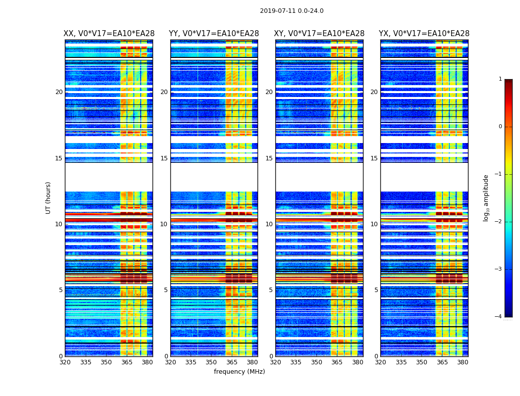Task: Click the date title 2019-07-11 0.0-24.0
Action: tap(292, 11)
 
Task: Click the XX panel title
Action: tap(109, 34)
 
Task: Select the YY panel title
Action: tap(214, 34)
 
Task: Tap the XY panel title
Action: tap(319, 34)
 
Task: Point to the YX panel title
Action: tap(424, 34)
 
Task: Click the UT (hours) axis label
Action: tap(49, 198)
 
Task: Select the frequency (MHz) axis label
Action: tap(239, 372)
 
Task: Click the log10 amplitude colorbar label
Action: tap(486, 198)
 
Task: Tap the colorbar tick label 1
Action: tap(500, 79)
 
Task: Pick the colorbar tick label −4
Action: tap(499, 317)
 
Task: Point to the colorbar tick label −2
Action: tap(499, 222)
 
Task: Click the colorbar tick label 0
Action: tap(500, 127)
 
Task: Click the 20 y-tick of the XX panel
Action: tap(59, 92)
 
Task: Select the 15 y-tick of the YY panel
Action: tap(164, 158)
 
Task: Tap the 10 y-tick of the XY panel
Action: tap(269, 224)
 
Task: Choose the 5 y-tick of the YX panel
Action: tap(376, 290)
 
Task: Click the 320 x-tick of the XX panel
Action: tap(65, 362)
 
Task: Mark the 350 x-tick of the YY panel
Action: tap(211, 362)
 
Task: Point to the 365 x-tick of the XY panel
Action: tap(337, 362)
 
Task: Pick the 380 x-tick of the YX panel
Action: tap(463, 362)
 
